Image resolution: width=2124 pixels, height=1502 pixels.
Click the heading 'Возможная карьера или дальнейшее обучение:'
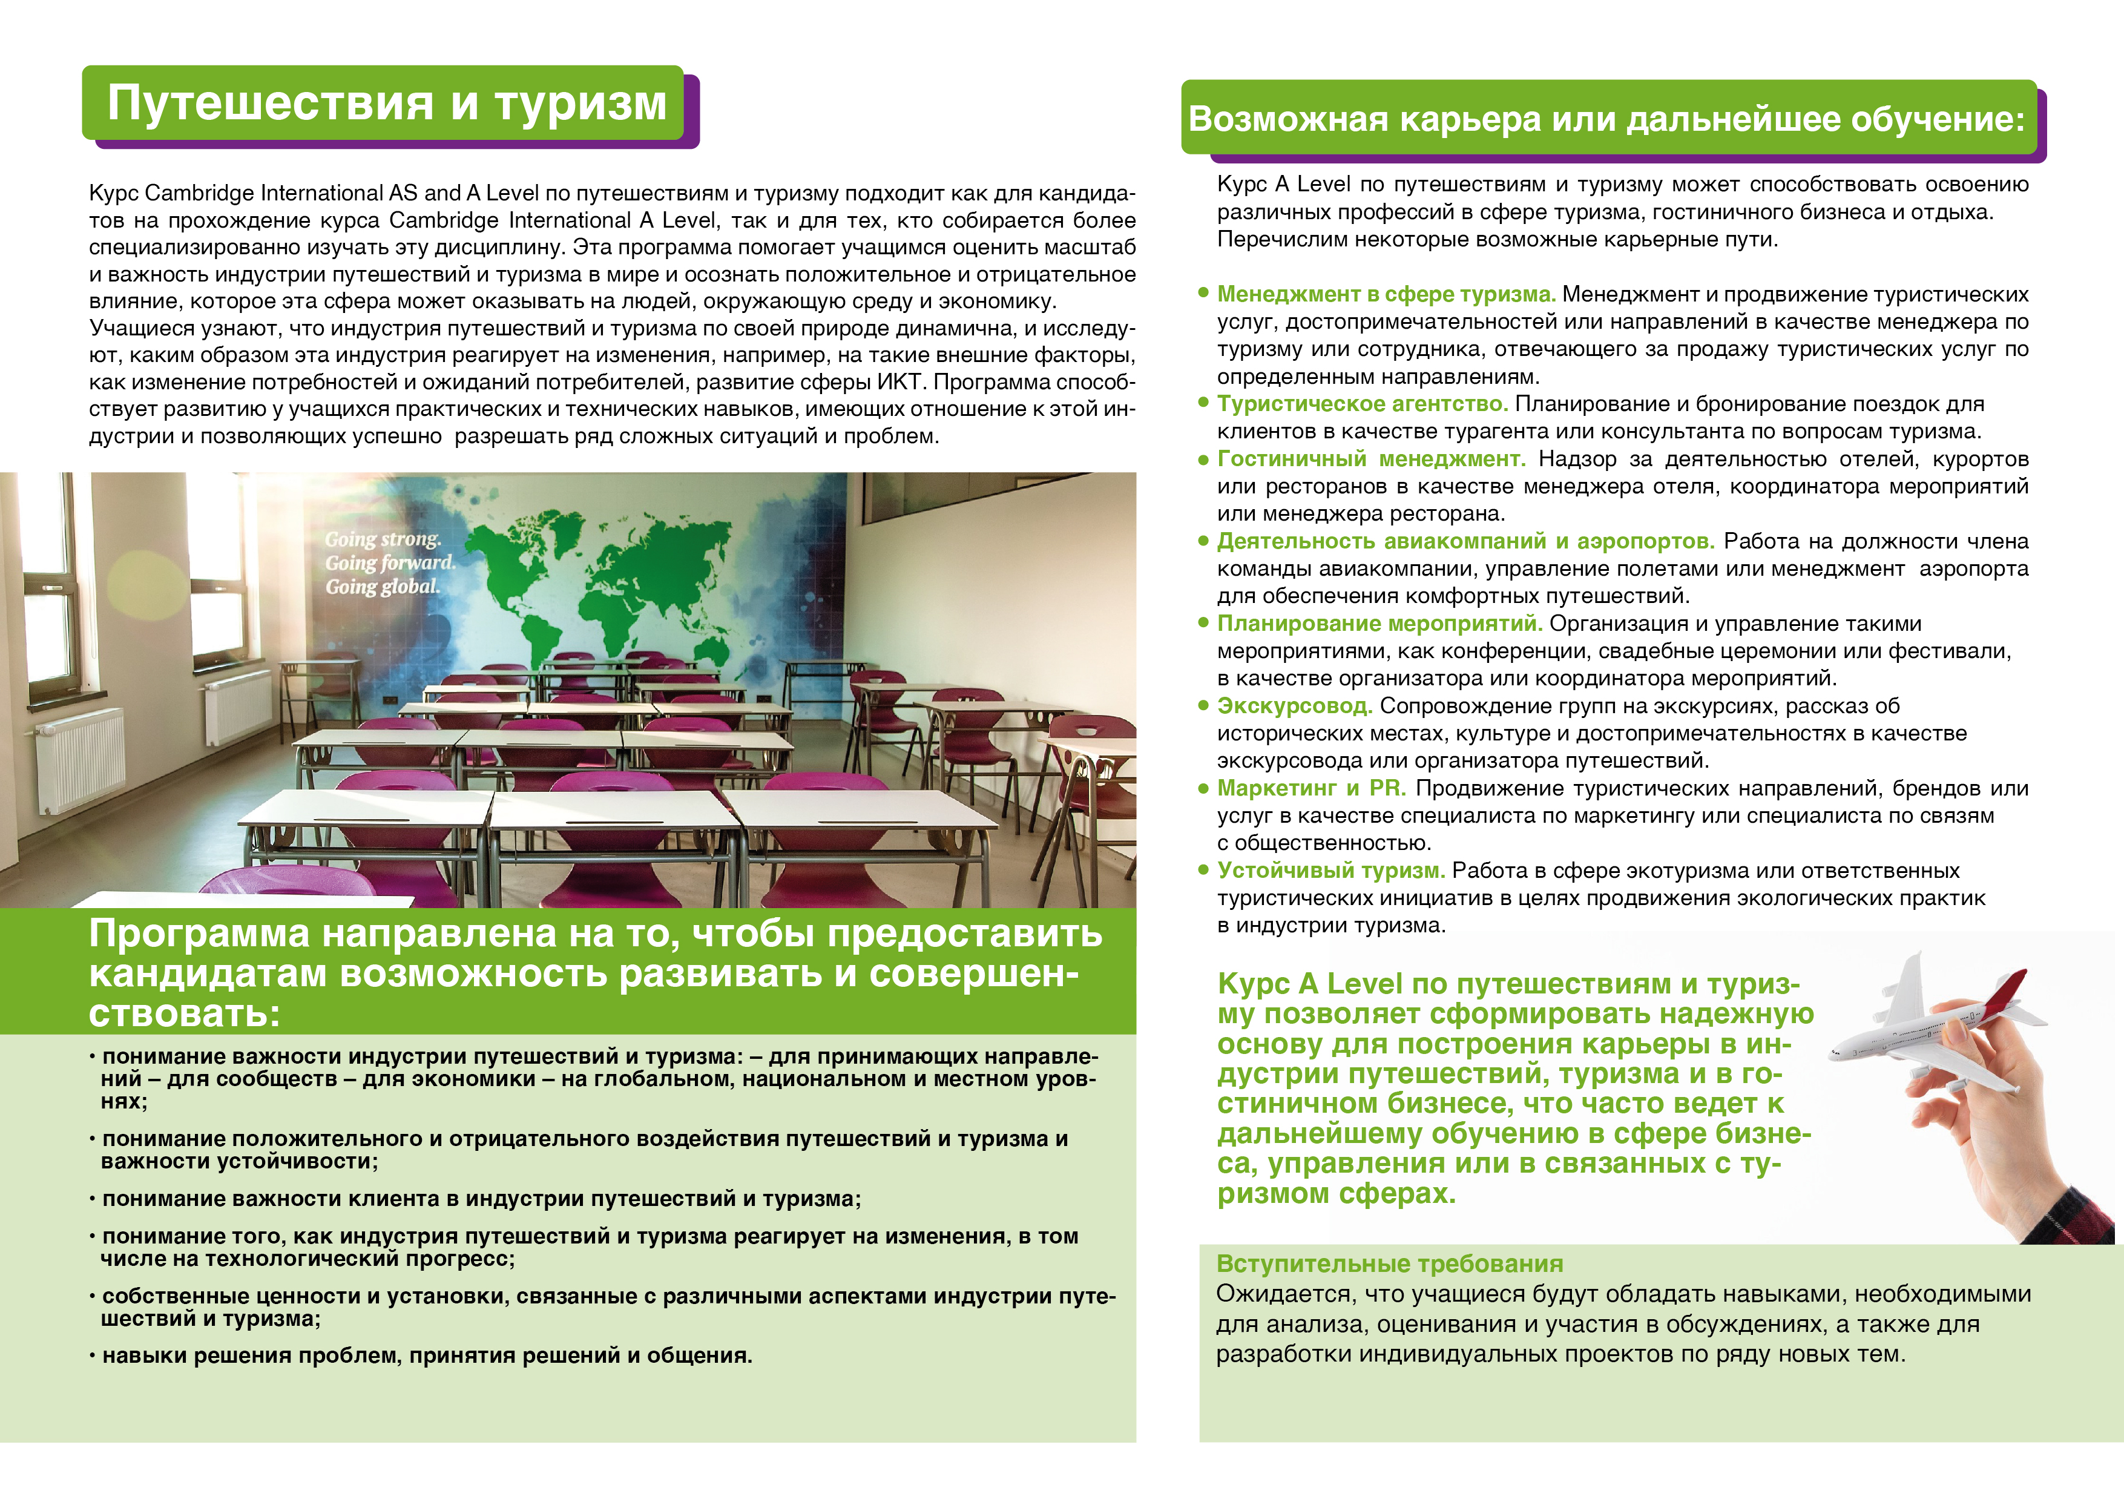tap(1606, 119)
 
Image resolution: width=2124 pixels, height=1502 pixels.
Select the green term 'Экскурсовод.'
tap(1294, 706)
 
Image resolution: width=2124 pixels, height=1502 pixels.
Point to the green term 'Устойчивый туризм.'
tap(1330, 871)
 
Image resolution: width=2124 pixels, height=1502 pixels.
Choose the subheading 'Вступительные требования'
tap(1390, 1264)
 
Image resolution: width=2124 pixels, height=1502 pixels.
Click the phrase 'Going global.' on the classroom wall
tap(382, 587)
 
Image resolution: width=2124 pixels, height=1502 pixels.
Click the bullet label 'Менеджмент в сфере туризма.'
tap(1386, 294)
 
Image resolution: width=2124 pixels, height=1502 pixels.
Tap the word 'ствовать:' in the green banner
tap(184, 1014)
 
